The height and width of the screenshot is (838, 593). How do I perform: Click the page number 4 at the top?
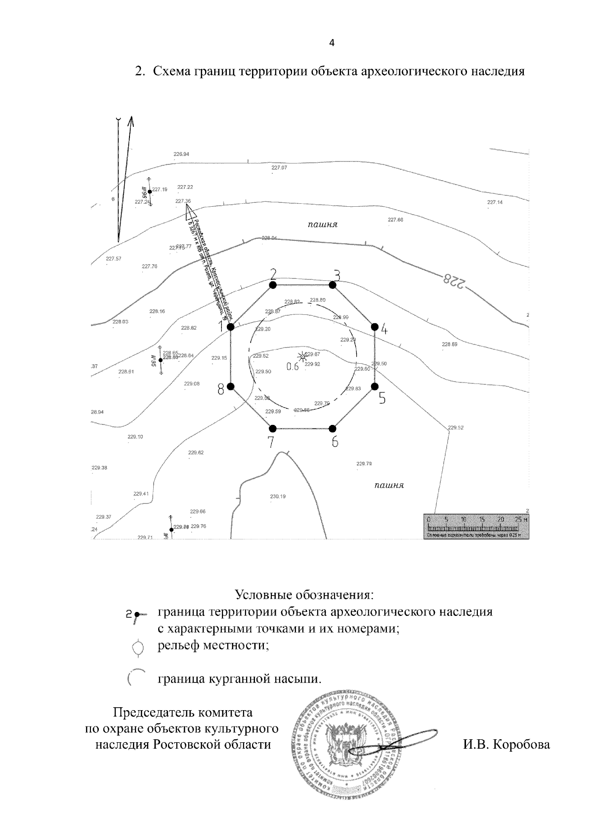click(332, 43)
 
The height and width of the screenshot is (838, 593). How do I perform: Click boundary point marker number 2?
click(272, 285)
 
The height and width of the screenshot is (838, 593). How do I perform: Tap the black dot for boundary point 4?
click(375, 326)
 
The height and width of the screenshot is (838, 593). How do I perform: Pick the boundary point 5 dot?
click(375, 386)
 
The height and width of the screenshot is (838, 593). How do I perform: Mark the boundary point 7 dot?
click(273, 428)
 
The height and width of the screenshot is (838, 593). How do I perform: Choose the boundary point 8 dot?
click(230, 386)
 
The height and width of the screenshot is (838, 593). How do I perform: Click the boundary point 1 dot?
click(230, 326)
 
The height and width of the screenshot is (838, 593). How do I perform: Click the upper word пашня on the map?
click(322, 225)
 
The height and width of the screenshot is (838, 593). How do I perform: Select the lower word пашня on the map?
click(389, 485)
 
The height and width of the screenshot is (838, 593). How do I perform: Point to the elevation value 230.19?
click(278, 496)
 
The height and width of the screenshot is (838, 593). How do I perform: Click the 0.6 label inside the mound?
click(293, 367)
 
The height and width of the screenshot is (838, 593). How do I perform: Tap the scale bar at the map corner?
click(476, 526)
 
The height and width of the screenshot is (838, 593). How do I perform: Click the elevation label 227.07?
click(279, 168)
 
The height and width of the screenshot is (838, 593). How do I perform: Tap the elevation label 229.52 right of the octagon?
click(456, 428)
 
